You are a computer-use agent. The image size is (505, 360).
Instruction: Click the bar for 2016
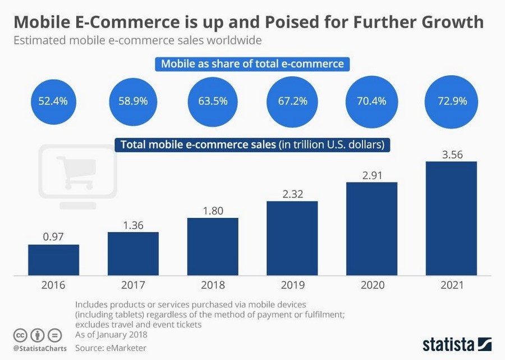pos(53,259)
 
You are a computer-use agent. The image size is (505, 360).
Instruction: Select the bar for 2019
pos(292,238)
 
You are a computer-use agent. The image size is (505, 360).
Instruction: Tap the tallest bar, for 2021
pos(451,218)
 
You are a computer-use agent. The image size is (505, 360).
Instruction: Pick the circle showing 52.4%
pos(53,101)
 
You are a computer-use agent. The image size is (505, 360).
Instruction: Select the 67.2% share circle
pos(292,101)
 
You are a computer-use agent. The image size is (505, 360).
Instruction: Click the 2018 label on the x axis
pos(213,285)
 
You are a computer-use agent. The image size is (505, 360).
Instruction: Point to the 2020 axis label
pos(371,285)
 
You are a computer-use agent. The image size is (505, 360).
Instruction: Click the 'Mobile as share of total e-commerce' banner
pos(252,63)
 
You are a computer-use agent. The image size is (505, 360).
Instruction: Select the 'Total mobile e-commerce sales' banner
pos(252,144)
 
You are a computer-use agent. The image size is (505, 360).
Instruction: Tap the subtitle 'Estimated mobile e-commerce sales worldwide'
pos(137,40)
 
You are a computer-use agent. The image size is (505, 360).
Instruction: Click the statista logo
pos(457,343)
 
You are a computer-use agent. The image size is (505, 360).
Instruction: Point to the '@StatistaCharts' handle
pos(39,348)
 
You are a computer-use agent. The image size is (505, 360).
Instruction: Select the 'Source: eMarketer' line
pos(111,348)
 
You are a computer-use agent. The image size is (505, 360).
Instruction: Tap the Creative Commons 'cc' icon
pos(21,335)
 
